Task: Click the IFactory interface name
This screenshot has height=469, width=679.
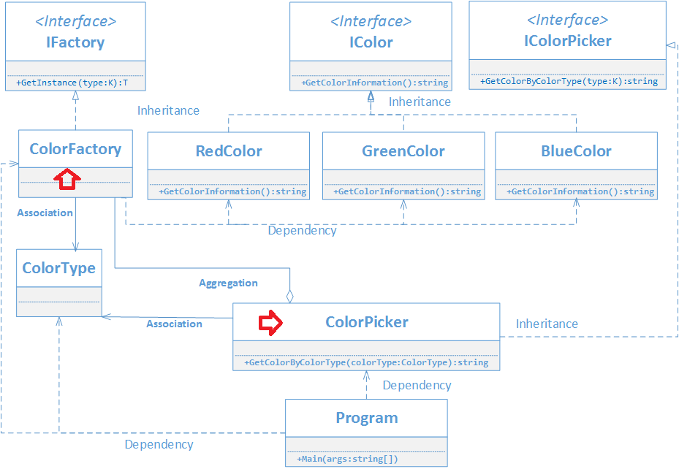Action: click(x=75, y=42)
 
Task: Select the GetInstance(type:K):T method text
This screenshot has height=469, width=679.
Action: click(x=72, y=83)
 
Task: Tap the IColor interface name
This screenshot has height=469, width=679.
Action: click(x=371, y=42)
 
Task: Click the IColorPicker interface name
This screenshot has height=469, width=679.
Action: click(x=568, y=41)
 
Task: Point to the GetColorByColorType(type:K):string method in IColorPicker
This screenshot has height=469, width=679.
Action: click(x=569, y=81)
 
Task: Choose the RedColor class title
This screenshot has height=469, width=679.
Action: click(x=229, y=151)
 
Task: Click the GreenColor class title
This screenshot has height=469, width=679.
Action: click(x=403, y=151)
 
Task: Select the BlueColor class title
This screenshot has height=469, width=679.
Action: click(x=576, y=151)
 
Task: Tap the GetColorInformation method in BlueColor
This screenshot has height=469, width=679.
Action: click(x=580, y=191)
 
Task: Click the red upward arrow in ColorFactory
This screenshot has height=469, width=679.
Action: click(x=67, y=179)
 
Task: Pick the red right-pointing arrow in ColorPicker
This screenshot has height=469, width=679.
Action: click(x=270, y=322)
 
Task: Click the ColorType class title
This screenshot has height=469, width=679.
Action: click(x=59, y=268)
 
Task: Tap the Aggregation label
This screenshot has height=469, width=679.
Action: click(x=228, y=283)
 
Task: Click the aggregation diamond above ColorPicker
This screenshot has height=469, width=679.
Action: click(x=289, y=297)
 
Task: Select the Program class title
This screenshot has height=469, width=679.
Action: click(x=367, y=418)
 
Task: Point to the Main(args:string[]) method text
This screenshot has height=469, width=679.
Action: click(x=347, y=459)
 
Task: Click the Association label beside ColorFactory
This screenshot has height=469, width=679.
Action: click(x=45, y=213)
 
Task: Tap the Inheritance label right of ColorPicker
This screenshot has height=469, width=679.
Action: click(x=547, y=324)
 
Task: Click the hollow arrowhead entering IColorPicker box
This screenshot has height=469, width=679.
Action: click(x=671, y=45)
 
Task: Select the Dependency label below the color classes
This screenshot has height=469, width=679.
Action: click(x=303, y=231)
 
